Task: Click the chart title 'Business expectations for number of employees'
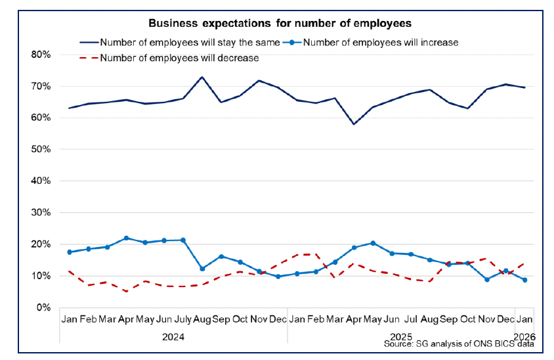coord(280,24)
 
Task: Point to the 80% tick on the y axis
coord(41,55)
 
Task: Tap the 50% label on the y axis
coord(41,149)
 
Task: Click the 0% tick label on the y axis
coord(43,307)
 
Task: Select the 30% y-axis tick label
coord(41,213)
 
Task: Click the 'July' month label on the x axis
coord(183,320)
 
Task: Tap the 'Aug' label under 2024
coord(202,320)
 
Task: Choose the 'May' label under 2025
coord(373,320)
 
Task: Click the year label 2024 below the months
coord(173,336)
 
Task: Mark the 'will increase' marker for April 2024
coord(126,238)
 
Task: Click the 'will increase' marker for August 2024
coord(202,269)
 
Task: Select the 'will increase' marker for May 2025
coord(373,243)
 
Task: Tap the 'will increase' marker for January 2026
coord(524,280)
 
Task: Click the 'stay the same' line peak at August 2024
coord(202,77)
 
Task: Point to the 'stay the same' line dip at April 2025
coord(354,124)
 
